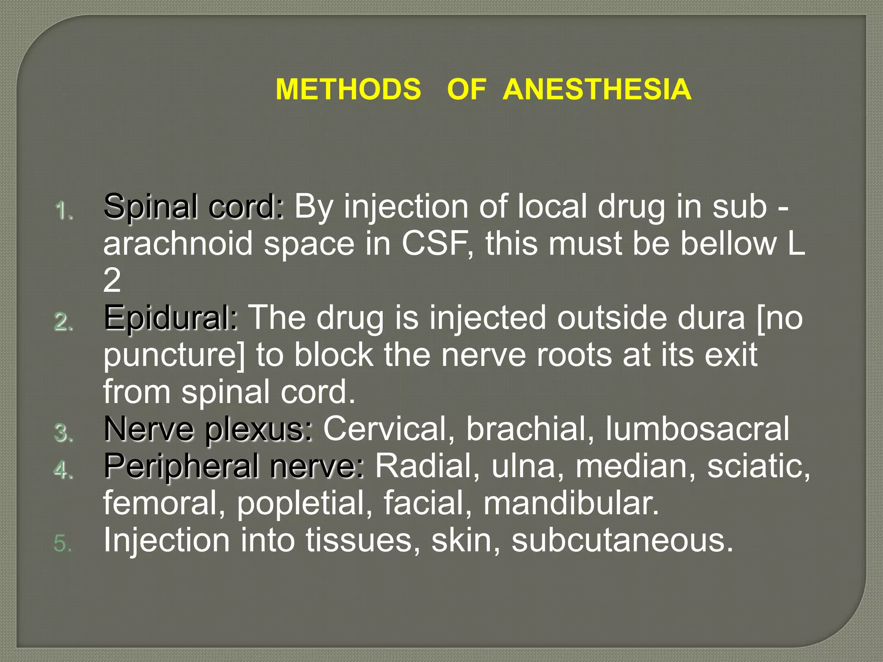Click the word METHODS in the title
point(348,89)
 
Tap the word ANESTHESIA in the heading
point(597,89)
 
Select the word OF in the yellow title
point(467,89)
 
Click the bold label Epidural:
point(171,318)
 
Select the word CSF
point(435,244)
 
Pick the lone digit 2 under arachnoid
point(112,281)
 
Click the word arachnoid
point(178,244)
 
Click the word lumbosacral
point(698,429)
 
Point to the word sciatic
point(758,466)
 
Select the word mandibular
point(571,503)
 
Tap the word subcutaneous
point(622,540)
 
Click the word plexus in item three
point(258,430)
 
